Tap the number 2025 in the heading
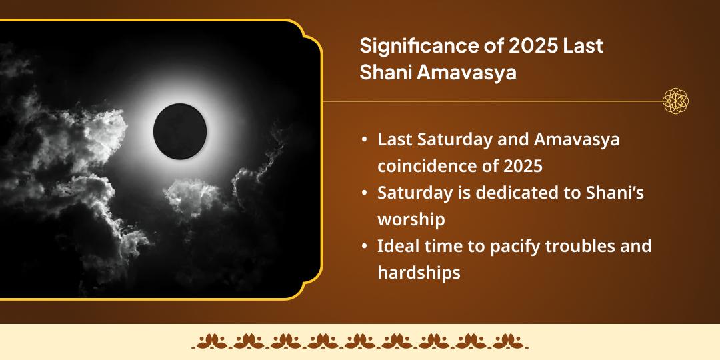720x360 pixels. [x=517, y=47]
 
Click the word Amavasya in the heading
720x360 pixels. [x=467, y=73]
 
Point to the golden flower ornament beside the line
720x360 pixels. [x=675, y=101]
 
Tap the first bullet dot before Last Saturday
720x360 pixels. [x=364, y=140]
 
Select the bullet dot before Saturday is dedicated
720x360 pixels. [x=364, y=193]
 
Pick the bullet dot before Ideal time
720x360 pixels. [x=364, y=246]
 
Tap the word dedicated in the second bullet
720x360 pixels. [x=513, y=193]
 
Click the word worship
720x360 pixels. [x=411, y=219]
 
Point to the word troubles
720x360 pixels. [x=581, y=246]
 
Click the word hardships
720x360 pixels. [x=419, y=273]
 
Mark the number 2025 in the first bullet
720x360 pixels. [x=524, y=166]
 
